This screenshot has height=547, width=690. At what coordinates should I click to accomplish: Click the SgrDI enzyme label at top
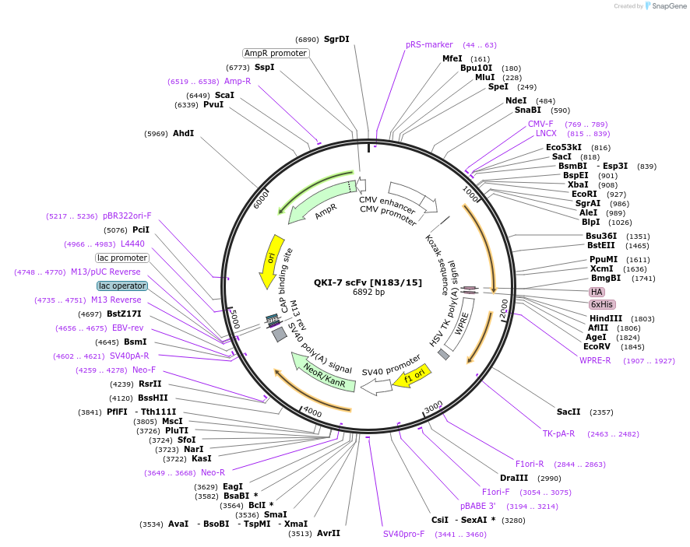point(336,39)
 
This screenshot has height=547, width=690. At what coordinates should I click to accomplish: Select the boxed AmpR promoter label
point(276,53)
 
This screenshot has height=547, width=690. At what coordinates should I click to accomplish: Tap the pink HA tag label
point(597,292)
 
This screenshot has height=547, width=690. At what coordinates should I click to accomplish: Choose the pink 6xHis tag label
point(602,304)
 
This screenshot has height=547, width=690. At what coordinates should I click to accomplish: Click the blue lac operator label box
point(121,286)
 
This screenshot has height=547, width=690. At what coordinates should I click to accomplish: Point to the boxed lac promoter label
point(121,258)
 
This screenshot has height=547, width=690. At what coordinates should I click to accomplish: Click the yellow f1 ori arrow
point(410,377)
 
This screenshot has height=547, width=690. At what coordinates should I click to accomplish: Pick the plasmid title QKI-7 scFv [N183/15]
point(368,282)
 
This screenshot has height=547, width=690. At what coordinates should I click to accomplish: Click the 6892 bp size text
point(368,293)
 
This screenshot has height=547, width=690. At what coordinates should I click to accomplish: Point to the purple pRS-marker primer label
point(429,44)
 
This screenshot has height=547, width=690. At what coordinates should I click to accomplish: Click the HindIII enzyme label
point(605,318)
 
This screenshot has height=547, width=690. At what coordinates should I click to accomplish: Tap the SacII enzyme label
point(569,412)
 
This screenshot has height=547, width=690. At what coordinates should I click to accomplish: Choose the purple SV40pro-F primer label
point(403,534)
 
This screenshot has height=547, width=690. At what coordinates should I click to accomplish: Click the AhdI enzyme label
point(183,133)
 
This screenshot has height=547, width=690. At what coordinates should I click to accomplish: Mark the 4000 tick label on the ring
point(312,411)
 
